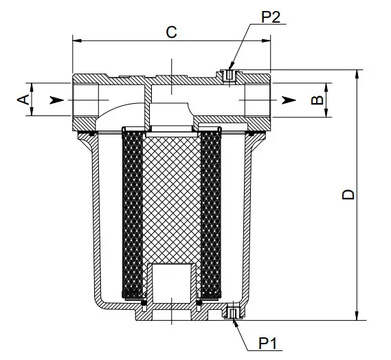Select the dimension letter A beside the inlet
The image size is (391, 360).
(x=22, y=100)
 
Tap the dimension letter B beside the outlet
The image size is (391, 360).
(x=317, y=100)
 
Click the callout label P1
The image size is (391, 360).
(x=267, y=341)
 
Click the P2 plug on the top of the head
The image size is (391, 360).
(x=229, y=76)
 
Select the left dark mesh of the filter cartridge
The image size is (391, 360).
(x=131, y=213)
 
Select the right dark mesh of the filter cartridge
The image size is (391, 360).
(x=210, y=213)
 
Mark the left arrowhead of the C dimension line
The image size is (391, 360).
(x=76, y=41)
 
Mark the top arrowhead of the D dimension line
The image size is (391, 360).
(x=358, y=74)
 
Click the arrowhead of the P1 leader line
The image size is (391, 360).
(x=235, y=321)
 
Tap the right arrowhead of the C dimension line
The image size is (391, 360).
(x=270, y=41)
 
